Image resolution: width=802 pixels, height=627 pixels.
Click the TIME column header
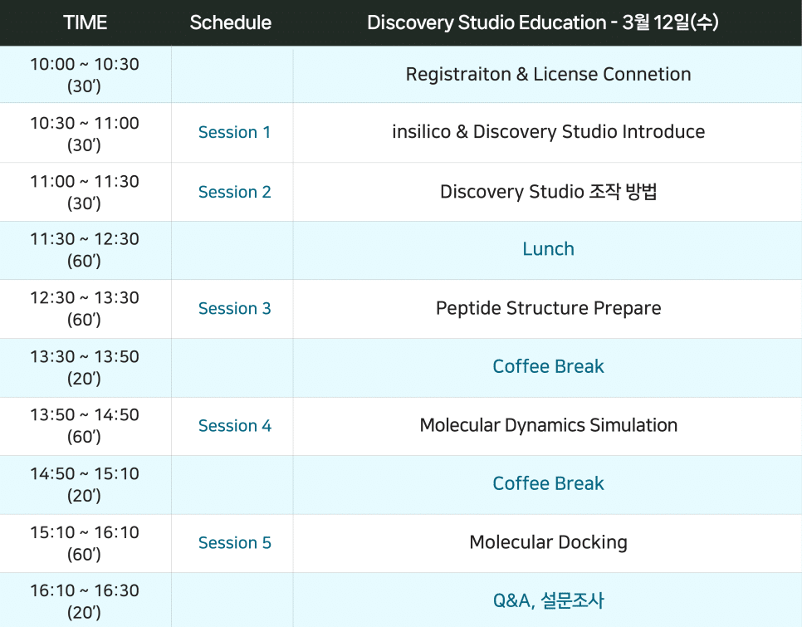pos(85,22)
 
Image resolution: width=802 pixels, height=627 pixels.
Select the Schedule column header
pos(230,22)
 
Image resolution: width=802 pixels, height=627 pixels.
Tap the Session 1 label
pos(234,132)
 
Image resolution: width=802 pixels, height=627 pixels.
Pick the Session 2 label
pos(235,192)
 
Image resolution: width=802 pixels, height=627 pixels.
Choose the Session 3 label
pos(235,308)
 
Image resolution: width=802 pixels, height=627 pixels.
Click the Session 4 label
pos(235,425)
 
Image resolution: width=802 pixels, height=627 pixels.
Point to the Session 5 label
pos(235,542)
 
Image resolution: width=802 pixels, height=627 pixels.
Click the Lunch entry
pos(548,248)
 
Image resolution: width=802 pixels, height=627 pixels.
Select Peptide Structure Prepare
pos(548,308)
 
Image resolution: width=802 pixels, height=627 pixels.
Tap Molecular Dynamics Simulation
pos(548,425)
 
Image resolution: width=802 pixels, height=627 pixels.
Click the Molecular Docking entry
pos(548,542)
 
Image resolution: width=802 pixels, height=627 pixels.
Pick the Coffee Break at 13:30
pos(548,366)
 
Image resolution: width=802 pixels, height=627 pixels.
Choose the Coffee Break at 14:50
pos(548,483)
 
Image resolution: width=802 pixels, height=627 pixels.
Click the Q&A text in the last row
pos(512,600)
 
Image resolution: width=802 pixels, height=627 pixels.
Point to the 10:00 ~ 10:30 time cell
pos(85,75)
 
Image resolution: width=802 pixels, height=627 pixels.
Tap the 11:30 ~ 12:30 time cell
pos(85,250)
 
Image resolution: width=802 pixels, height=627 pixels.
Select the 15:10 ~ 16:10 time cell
pos(85,543)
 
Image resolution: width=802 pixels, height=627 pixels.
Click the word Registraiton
pos(458,75)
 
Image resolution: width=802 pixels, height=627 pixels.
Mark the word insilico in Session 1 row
pos(422,131)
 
